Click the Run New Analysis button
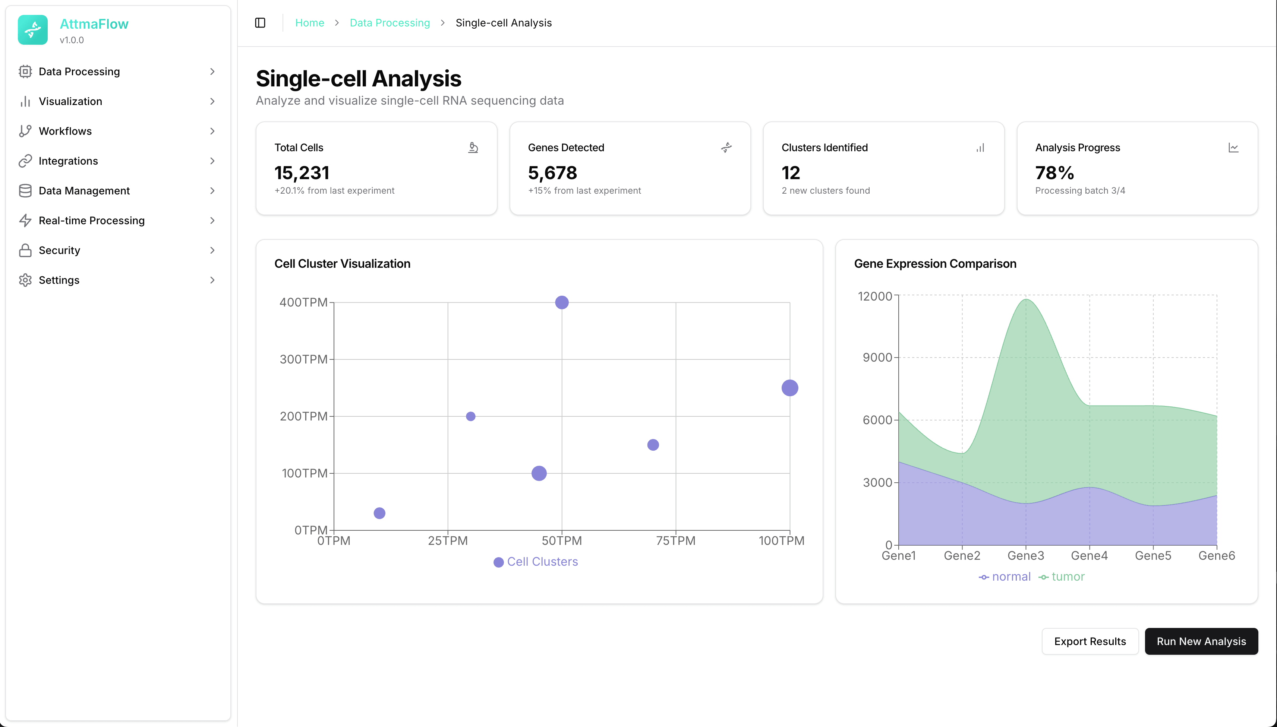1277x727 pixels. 1201,641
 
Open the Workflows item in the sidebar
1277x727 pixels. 66,131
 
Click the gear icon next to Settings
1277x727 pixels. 25,280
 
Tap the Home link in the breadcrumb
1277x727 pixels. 309,23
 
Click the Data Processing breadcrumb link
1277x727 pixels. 389,23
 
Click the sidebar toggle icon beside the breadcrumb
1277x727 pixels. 260,23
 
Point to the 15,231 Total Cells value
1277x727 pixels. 302,173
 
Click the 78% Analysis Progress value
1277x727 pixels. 1054,173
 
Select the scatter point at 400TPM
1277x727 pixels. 562,302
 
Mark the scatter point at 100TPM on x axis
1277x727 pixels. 789,388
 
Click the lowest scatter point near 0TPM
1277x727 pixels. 379,513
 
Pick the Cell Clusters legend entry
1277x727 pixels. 536,562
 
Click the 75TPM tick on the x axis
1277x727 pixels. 675,541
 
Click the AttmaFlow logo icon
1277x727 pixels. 33,30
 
